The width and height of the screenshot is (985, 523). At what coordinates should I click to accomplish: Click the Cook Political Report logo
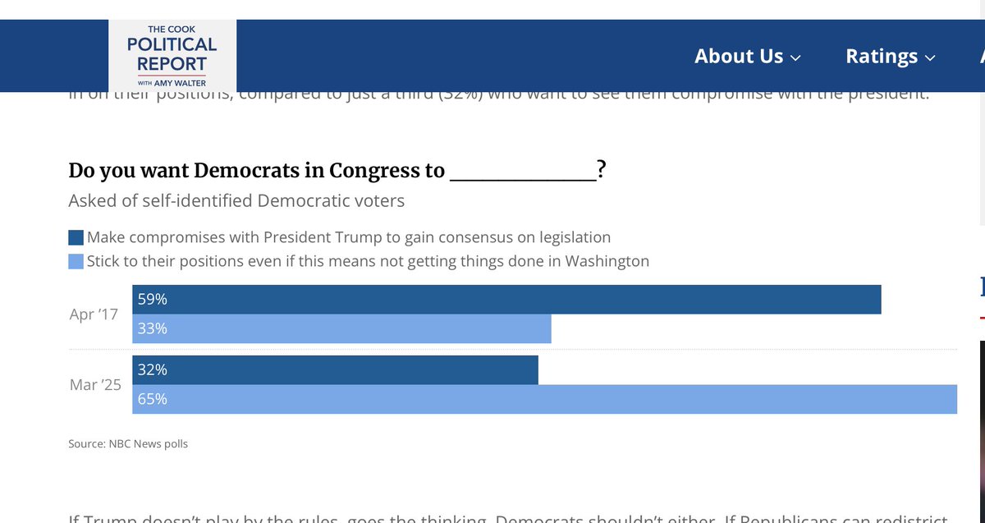tap(172, 54)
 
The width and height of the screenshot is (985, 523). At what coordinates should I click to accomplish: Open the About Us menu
tap(747, 57)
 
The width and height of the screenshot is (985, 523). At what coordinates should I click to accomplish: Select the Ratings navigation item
tap(890, 57)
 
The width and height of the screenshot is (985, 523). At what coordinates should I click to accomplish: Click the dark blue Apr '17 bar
tap(506, 300)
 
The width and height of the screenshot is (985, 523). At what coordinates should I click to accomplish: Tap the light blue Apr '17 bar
tap(341, 328)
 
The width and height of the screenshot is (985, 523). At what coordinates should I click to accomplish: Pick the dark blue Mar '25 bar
tap(335, 370)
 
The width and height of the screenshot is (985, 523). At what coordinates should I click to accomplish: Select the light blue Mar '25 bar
tap(545, 399)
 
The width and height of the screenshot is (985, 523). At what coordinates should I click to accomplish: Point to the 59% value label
tap(153, 300)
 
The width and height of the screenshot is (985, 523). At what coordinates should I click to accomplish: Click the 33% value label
tap(153, 328)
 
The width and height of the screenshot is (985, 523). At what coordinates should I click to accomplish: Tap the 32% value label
tap(153, 370)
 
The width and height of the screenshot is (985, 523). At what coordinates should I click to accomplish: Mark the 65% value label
tap(153, 399)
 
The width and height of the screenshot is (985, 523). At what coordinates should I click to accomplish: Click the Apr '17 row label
tap(94, 314)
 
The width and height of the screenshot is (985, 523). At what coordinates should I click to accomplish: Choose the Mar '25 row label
tap(95, 384)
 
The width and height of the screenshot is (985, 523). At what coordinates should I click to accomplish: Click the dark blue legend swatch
tap(76, 238)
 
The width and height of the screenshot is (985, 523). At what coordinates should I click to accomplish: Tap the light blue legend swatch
tap(76, 262)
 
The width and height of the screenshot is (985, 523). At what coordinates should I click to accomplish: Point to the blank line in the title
tap(523, 172)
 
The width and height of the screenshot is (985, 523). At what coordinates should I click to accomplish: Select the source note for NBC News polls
tap(128, 444)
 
